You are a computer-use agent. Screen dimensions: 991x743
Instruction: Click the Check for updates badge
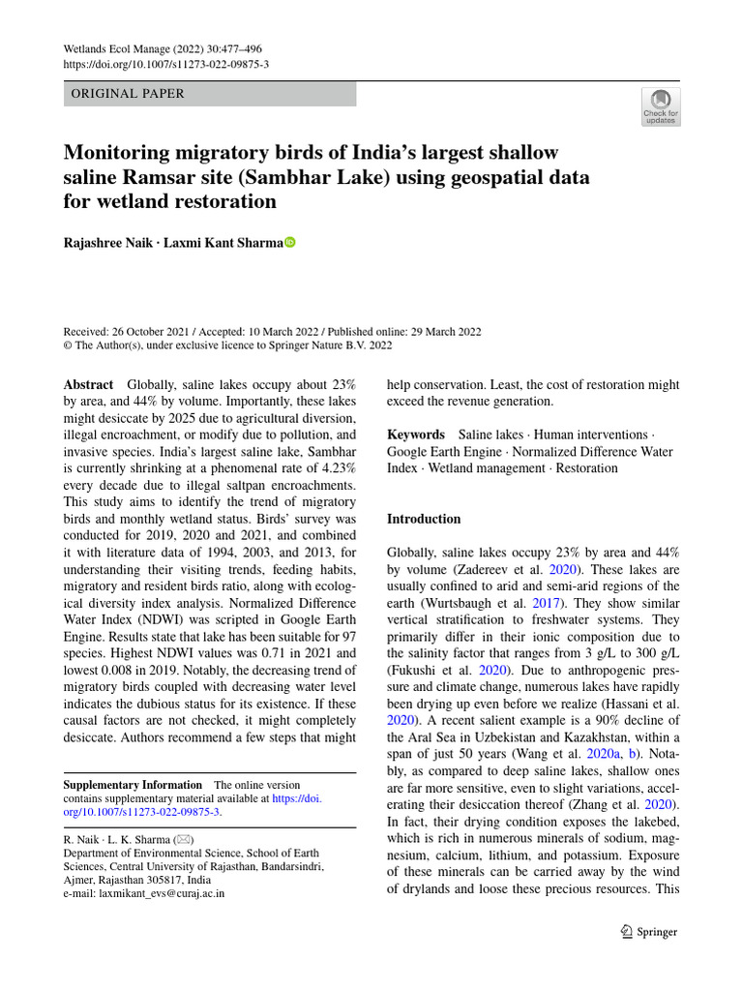661,105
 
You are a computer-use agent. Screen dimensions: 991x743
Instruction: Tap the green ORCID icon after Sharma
288,243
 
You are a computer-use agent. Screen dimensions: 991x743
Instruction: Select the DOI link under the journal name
165,64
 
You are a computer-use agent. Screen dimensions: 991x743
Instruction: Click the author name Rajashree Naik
105,243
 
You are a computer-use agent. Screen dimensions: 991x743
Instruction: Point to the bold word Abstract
88,384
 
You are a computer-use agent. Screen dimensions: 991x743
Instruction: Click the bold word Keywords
416,435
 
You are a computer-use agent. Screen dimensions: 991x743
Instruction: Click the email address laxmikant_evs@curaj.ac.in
144,893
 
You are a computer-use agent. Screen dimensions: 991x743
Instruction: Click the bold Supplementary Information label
133,784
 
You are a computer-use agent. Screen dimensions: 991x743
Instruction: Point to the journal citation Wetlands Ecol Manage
125,48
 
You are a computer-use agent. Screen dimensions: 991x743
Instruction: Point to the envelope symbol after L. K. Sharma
182,840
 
